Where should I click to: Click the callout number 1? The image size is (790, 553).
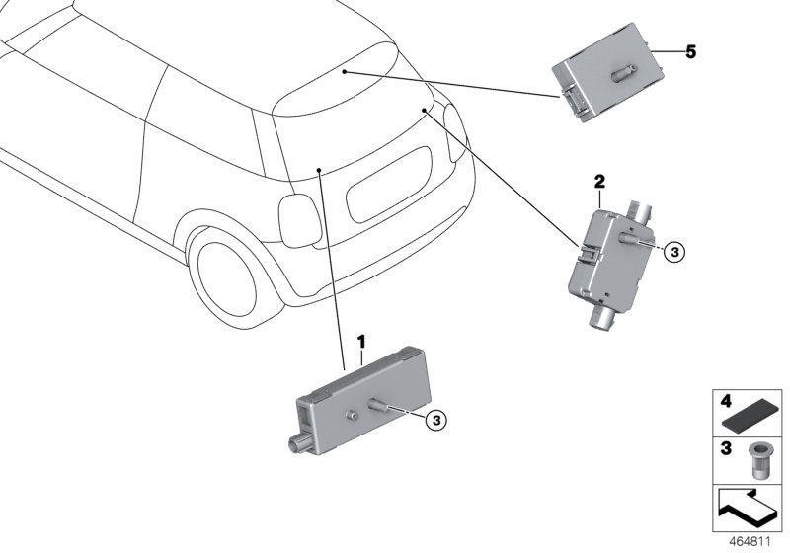pos(361,341)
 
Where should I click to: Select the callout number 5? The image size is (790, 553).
pos(690,52)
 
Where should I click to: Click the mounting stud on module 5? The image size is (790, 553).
pos(625,74)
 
